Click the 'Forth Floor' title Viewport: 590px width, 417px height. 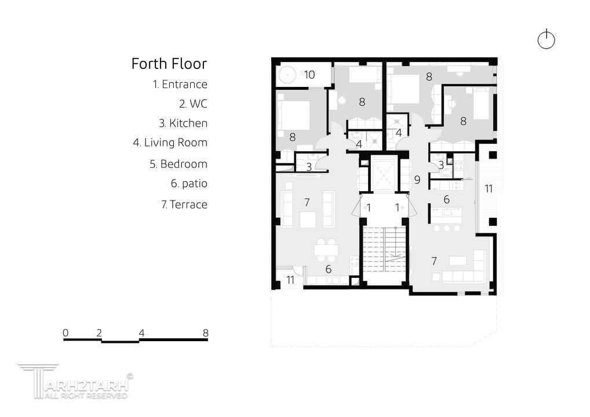pos(169,64)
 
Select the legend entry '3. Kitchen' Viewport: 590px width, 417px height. pos(183,123)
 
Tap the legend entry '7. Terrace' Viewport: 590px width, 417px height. pos(184,204)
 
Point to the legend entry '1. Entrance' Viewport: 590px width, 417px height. pos(180,84)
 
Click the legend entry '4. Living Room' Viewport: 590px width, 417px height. pos(170,142)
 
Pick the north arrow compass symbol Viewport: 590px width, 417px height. pos(546,39)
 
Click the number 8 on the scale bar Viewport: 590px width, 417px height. pos(205,333)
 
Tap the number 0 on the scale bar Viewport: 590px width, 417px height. pos(66,333)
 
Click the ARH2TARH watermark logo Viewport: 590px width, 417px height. pos(75,381)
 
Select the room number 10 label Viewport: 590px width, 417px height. pos(309,75)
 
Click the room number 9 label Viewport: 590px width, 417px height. pos(417,180)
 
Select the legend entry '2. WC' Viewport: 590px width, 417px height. pos(193,104)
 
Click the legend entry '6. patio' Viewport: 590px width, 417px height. pos(189,184)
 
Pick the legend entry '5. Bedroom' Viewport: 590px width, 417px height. pos(179,164)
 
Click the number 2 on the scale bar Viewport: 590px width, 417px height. pos(99,333)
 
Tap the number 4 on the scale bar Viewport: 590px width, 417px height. pos(141,333)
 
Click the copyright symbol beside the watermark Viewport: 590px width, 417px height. pos(130,376)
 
